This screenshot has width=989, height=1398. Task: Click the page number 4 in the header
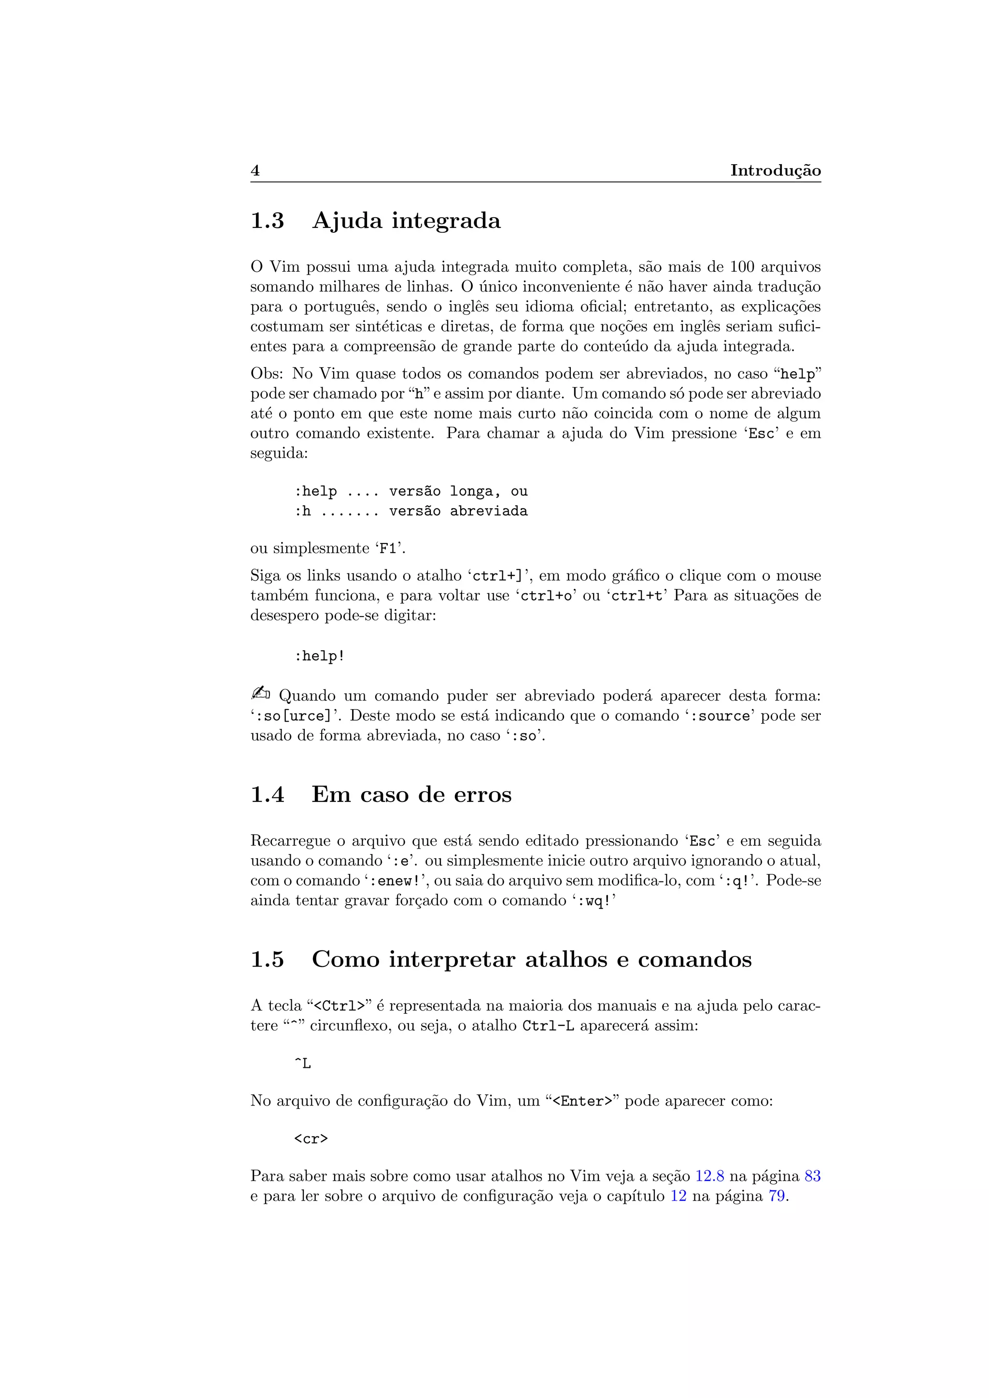tap(255, 170)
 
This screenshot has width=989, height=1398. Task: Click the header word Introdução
tap(775, 170)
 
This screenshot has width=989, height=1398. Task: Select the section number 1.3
tap(268, 221)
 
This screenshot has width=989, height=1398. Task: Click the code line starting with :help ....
tap(411, 491)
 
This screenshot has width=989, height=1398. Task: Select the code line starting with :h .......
tap(411, 511)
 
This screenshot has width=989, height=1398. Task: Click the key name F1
tap(388, 548)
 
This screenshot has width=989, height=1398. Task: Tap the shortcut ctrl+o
tap(546, 596)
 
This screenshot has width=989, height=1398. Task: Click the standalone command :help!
tap(320, 656)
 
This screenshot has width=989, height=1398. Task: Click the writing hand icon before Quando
tap(260, 694)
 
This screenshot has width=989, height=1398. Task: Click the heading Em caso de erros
tap(411, 795)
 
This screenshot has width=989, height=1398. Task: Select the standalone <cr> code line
tap(311, 1139)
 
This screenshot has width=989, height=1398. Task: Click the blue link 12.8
tap(709, 1176)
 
